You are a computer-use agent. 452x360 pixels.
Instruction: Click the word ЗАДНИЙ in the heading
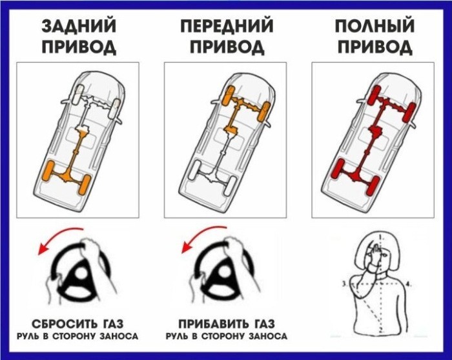[79, 26]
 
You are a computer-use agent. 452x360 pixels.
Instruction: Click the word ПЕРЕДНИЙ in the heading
[227, 26]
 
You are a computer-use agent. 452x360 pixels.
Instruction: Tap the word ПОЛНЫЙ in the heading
[375, 26]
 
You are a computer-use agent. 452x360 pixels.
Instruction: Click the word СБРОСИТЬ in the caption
[63, 324]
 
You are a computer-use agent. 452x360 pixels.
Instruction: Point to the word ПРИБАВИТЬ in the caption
[212, 324]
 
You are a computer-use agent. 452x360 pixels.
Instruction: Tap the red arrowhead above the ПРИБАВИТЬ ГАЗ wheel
[187, 247]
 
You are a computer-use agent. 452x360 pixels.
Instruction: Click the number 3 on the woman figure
[344, 284]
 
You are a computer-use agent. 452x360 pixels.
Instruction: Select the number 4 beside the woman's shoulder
[408, 284]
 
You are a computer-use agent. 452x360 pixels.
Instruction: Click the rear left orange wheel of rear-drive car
[48, 171]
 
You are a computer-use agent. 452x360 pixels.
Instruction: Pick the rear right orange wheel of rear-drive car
[85, 185]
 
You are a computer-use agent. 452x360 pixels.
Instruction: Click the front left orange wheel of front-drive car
[229, 95]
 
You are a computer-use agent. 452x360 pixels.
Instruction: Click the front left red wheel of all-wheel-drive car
[375, 95]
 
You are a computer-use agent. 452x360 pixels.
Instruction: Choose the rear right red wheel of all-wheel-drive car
[373, 186]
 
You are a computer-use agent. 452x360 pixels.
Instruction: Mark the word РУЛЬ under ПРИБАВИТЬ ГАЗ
[176, 336]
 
